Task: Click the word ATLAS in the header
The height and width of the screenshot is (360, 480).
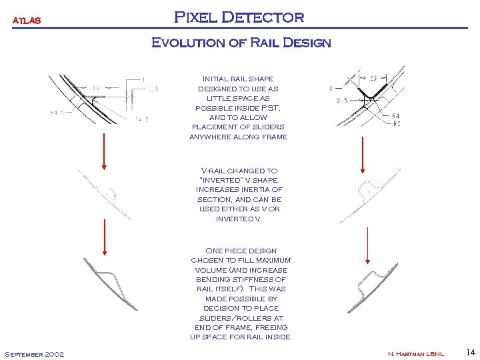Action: click(27, 20)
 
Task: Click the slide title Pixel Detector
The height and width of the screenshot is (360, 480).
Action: click(239, 17)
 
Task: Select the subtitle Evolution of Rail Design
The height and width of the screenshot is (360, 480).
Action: click(241, 43)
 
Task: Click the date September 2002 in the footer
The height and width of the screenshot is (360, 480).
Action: click(34, 353)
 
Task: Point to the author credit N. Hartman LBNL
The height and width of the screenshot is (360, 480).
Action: click(415, 353)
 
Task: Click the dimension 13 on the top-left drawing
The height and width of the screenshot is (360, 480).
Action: click(96, 87)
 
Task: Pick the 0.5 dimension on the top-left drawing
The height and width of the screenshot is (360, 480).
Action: click(153, 88)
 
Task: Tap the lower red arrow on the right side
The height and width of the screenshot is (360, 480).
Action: click(367, 244)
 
